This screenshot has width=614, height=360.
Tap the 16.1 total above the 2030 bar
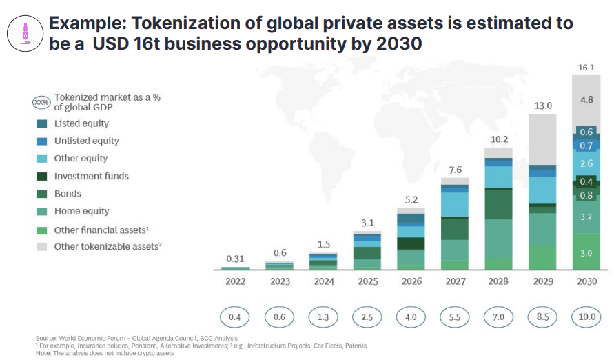585,68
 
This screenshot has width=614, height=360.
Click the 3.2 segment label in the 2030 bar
586,217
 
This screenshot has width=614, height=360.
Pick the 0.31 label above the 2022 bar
235,259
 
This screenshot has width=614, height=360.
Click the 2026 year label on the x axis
411,281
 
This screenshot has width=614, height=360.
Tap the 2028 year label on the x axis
498,281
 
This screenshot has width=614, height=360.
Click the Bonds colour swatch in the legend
41,194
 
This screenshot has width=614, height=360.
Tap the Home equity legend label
82,211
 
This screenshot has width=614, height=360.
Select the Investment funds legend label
92,176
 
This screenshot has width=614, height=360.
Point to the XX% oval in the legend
41,103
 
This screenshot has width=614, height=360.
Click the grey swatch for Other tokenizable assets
41,246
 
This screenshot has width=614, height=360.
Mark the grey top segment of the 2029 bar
542,139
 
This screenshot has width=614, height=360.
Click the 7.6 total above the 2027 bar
455,170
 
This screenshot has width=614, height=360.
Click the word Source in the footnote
46,338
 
